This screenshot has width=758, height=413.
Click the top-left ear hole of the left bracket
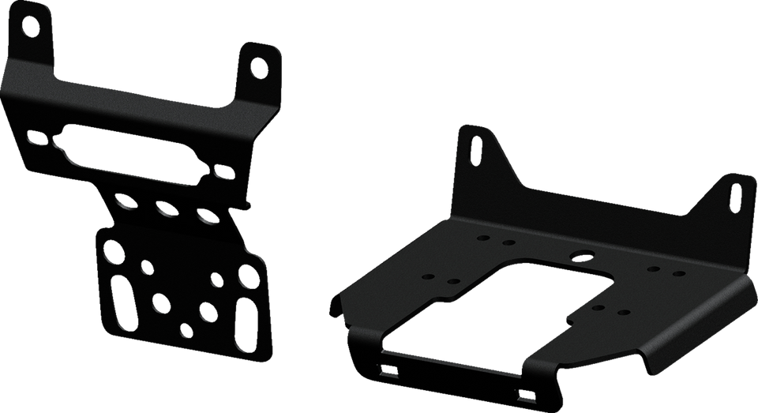click(30, 26)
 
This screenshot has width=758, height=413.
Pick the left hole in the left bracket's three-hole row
click(125, 203)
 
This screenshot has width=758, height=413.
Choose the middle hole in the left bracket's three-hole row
click(165, 209)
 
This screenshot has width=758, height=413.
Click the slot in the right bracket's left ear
click(477, 151)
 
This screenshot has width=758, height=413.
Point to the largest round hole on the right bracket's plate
click(583, 256)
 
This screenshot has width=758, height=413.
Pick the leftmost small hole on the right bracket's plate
click(428, 276)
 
